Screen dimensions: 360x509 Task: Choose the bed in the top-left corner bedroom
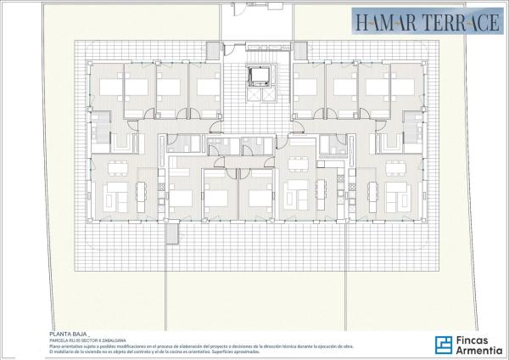click(109, 86)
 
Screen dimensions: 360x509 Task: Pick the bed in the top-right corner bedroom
click(404, 86)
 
